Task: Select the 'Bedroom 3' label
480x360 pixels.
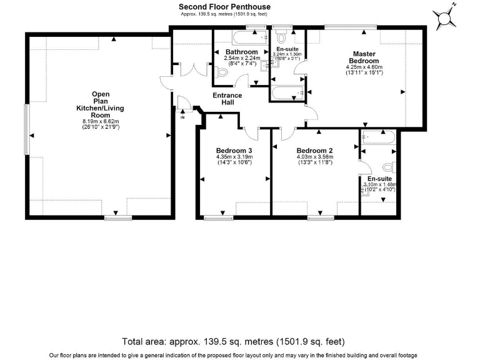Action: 234,151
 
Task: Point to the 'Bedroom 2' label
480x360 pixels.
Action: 314,151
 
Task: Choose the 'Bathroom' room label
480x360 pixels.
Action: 241,52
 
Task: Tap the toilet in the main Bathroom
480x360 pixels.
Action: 221,72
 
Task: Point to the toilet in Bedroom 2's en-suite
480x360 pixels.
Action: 388,167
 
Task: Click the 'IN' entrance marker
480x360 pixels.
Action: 182,117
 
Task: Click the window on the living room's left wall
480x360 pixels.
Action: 26,129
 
